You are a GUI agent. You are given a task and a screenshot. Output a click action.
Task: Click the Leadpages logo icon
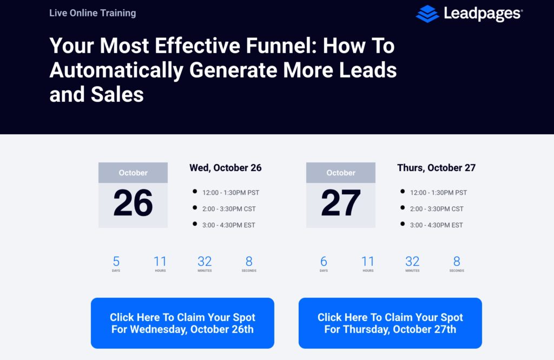click(427, 14)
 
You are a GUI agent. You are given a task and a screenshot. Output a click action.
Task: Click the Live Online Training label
click(93, 12)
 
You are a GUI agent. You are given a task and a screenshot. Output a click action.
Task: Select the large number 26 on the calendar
click(133, 203)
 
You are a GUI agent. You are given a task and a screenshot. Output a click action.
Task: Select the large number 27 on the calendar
click(341, 203)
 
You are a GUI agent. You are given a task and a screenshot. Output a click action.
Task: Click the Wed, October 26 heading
click(226, 168)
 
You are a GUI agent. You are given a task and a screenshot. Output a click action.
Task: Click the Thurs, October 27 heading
click(436, 168)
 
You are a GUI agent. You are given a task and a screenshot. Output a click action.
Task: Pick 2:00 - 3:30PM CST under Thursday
click(437, 209)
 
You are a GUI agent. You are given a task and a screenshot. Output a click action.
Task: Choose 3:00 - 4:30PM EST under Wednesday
click(229, 225)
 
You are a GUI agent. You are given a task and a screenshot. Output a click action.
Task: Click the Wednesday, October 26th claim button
click(182, 323)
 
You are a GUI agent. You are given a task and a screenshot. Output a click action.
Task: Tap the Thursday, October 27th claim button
click(390, 323)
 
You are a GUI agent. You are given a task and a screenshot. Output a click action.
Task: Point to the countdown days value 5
click(116, 262)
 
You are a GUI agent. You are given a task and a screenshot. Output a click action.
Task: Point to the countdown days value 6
click(324, 262)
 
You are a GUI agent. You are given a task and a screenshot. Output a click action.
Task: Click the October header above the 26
click(133, 173)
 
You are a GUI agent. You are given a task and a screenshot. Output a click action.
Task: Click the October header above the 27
click(341, 173)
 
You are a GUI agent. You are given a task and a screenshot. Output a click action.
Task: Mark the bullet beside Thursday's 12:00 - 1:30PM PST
click(403, 191)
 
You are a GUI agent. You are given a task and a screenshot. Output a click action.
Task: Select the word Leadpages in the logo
click(482, 14)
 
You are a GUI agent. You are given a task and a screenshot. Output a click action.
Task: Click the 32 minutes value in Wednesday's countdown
click(205, 262)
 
